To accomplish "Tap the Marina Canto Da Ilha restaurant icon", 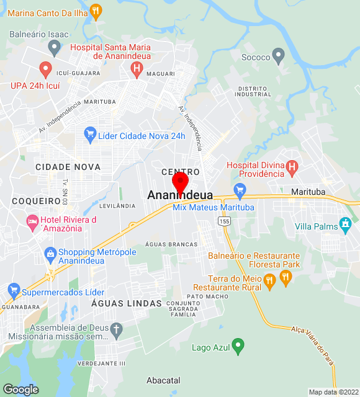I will click(x=96, y=11).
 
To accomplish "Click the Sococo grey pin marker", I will click(x=279, y=56).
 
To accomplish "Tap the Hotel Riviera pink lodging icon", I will click(x=32, y=221).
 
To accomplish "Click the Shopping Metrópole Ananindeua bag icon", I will click(x=50, y=253).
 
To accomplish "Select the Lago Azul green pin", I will click(x=236, y=346).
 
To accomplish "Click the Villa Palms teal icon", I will click(x=346, y=223).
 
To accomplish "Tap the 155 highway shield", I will click(x=224, y=221).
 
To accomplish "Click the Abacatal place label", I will click(x=163, y=380).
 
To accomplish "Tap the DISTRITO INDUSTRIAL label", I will click(x=254, y=92).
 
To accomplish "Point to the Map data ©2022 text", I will click(x=334, y=392).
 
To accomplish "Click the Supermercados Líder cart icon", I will click(x=13, y=290).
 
